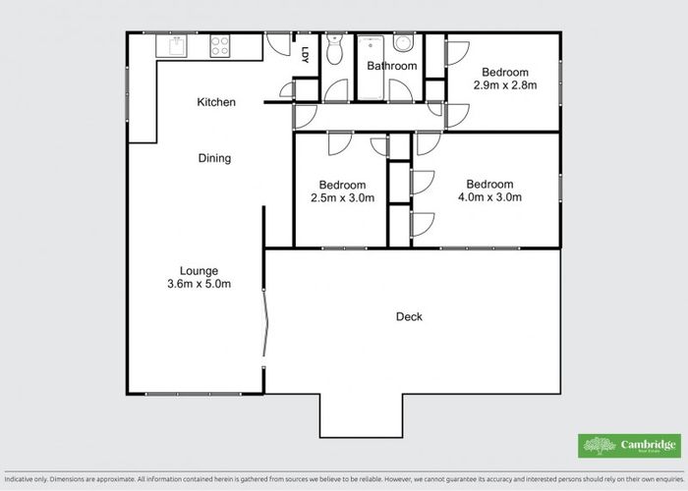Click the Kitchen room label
[216, 102]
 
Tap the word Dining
[214, 158]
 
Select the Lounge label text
[199, 271]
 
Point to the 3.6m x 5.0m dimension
[199, 285]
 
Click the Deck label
[409, 316]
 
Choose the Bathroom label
[392, 66]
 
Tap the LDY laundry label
[306, 55]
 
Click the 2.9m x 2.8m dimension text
[505, 86]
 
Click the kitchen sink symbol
[178, 46]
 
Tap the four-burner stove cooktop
[219, 45]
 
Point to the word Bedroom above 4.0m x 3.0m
[489, 184]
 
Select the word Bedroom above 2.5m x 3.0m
[342, 185]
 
